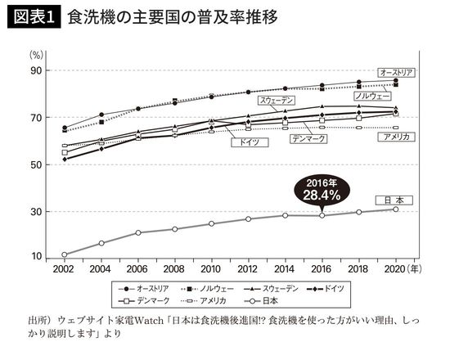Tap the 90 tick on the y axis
tap(36, 71)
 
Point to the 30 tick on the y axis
tap(36, 211)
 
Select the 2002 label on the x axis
tap(64, 269)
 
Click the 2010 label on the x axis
tap(211, 269)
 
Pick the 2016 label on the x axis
tap(322, 269)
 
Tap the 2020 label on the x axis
tap(396, 269)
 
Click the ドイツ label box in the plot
tap(245, 142)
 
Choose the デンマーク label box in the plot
tap(308, 139)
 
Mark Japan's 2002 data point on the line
tap(64, 254)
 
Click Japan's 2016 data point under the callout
tap(322, 215)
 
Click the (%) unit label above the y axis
tap(37, 55)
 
